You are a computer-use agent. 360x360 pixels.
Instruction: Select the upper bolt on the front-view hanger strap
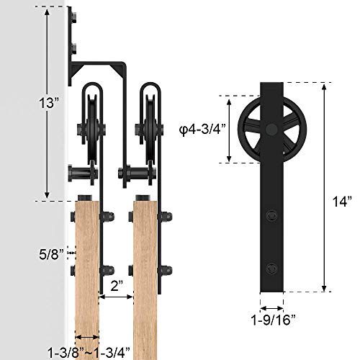271,214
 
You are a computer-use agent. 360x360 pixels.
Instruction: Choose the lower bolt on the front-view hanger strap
271,267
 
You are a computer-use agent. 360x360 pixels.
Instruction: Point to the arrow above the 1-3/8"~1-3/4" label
87,336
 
